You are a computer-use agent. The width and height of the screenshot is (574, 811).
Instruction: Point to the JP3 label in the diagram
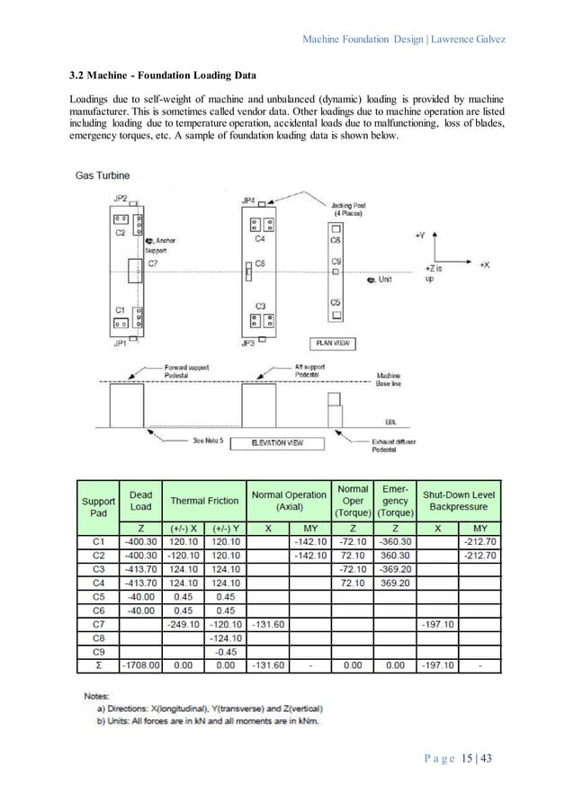247,342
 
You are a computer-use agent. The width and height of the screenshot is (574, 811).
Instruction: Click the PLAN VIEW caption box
332,343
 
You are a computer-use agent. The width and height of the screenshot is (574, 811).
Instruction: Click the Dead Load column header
141,500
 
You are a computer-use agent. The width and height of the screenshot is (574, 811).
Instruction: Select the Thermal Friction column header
205,500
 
